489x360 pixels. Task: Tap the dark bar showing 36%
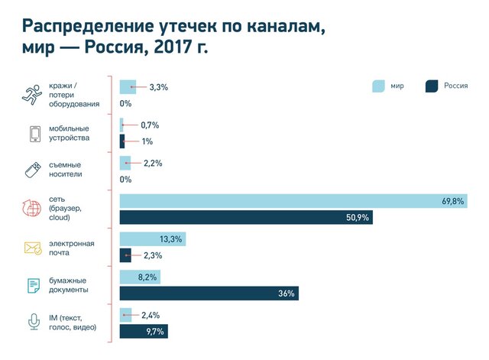click(x=209, y=293)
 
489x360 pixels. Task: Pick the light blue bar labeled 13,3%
click(x=153, y=239)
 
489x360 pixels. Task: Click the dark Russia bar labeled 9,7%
click(x=144, y=330)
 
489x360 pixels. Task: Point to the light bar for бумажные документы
click(x=140, y=277)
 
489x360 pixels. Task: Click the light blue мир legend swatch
click(x=380, y=86)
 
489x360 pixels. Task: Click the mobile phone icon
click(x=34, y=133)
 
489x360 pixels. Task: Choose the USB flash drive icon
click(x=34, y=170)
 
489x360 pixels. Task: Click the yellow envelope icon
click(x=34, y=248)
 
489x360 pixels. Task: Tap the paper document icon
click(x=34, y=285)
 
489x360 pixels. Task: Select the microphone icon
click(x=34, y=323)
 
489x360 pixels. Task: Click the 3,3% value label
click(x=158, y=87)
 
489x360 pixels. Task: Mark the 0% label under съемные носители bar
click(x=126, y=180)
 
